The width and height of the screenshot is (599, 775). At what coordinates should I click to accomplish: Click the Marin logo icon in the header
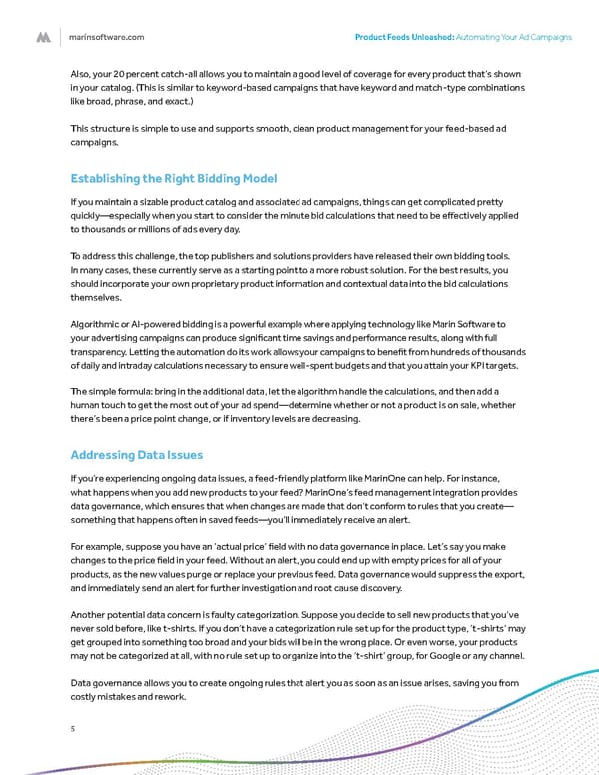(x=44, y=37)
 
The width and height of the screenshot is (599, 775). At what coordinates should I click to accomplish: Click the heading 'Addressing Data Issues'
(x=131, y=455)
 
